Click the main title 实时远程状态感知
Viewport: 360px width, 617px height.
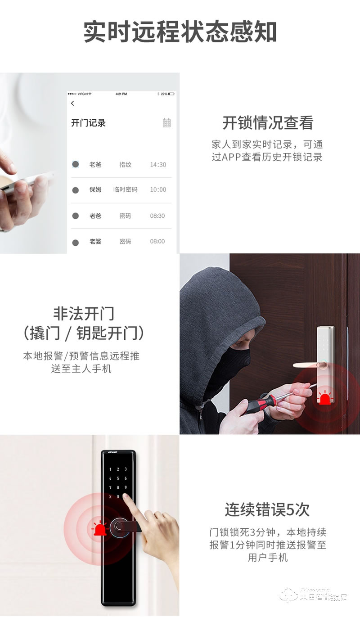click(x=180, y=32)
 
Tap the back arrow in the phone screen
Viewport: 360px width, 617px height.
click(x=73, y=104)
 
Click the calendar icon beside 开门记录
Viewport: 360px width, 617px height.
click(x=166, y=122)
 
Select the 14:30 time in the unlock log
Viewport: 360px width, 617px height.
click(x=158, y=165)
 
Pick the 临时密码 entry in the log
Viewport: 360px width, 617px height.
click(x=125, y=189)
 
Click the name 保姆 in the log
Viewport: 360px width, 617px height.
click(x=95, y=189)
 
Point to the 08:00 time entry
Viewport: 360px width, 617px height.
click(x=157, y=241)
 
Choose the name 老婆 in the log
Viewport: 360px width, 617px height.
click(x=95, y=241)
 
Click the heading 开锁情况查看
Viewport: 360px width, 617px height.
click(x=268, y=123)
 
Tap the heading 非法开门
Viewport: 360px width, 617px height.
click(x=84, y=313)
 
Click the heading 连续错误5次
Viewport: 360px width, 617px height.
click(x=267, y=510)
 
